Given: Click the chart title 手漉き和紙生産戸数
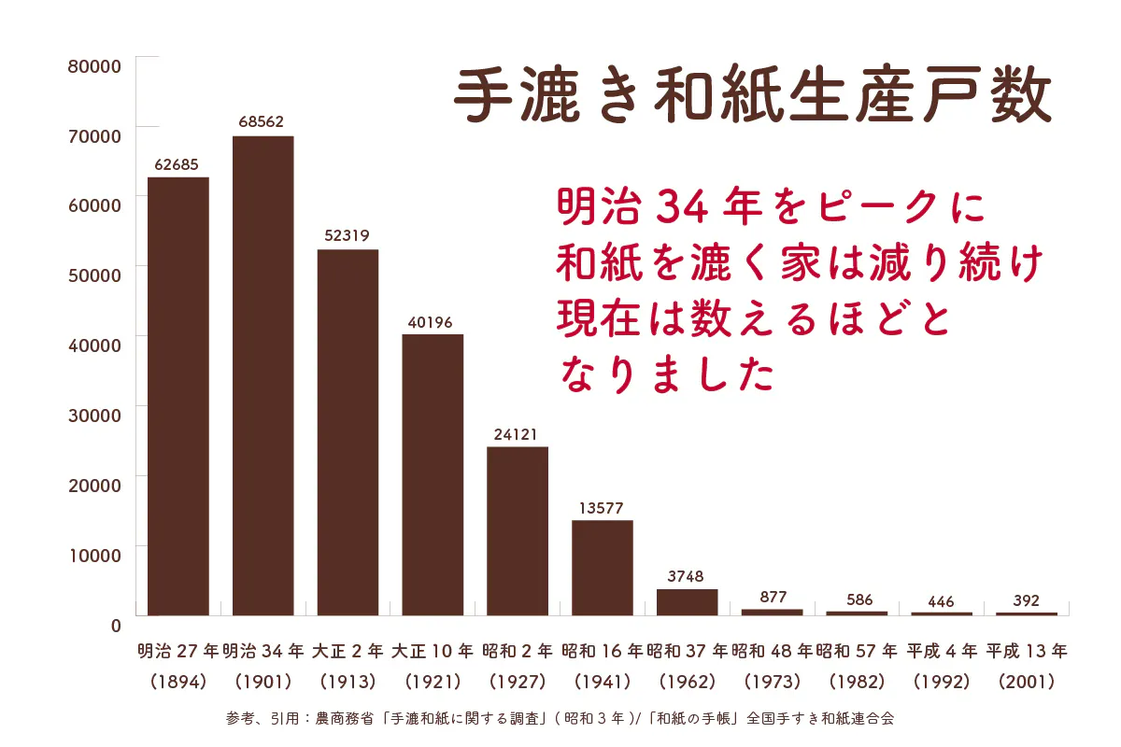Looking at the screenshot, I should (752, 95).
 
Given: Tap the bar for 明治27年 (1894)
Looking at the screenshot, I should (177, 396).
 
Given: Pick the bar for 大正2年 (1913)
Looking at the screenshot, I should (348, 432).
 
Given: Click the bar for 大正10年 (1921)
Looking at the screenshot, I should (433, 474).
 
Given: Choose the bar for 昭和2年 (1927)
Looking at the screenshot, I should (518, 530).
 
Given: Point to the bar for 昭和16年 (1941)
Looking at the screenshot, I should (602, 568).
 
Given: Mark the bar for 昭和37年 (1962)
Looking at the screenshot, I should (687, 602).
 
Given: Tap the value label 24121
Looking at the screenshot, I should (516, 434).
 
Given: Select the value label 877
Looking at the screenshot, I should (772, 597).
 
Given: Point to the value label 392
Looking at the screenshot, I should (1026, 600).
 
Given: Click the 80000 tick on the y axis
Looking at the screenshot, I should (94, 66).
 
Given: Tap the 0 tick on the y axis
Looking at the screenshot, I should (115, 624).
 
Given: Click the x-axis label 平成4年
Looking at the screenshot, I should (942, 650).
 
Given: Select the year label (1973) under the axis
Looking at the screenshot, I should (772, 682).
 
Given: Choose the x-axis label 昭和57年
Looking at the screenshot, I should (857, 650).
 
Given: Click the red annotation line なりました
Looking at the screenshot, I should (667, 373).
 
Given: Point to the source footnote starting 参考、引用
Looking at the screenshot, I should (560, 719).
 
